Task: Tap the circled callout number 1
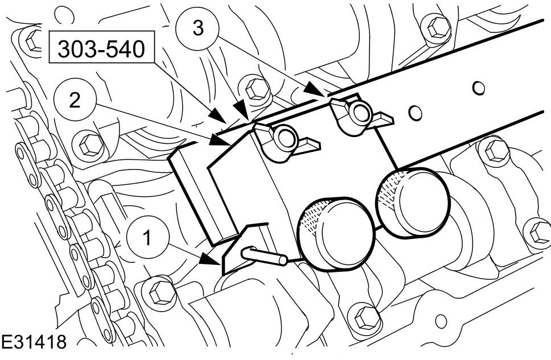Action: (147, 237)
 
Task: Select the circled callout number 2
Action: (75, 100)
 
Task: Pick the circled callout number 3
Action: (198, 27)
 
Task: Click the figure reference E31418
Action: (34, 341)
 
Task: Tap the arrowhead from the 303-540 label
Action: (219, 117)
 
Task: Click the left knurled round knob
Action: (336, 233)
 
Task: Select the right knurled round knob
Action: (413, 204)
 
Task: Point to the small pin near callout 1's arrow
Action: (264, 255)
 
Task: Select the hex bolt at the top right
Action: (437, 27)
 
